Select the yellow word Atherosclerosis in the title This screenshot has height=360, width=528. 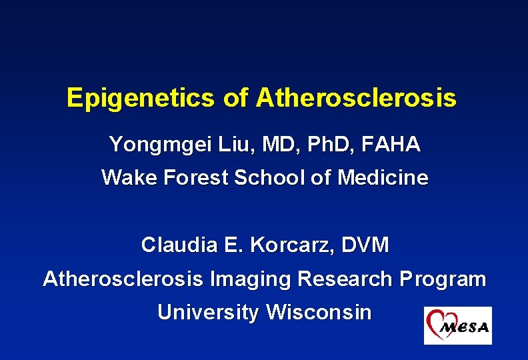(x=356, y=99)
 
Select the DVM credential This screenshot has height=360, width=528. (x=365, y=245)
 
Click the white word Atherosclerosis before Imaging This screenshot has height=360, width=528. (x=123, y=279)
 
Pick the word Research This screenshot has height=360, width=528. (x=346, y=279)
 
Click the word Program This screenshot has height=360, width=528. (x=443, y=279)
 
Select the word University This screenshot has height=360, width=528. (x=208, y=313)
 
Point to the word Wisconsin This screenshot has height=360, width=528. (x=319, y=313)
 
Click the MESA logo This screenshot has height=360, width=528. (x=457, y=325)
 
